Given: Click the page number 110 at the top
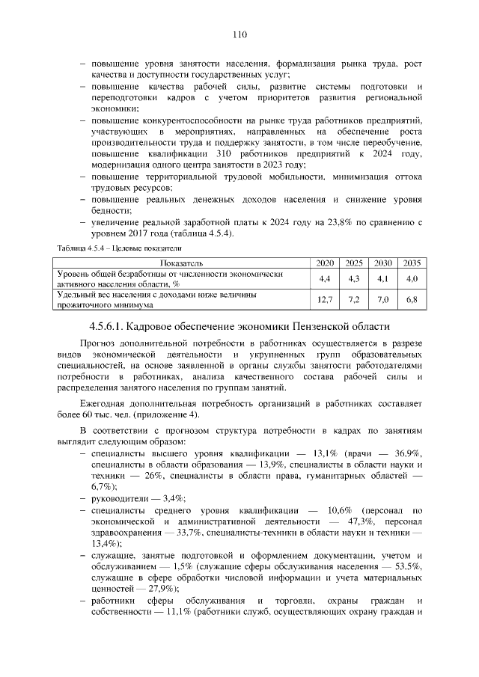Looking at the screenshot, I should [239, 34].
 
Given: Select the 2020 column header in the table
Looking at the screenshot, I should [325, 263].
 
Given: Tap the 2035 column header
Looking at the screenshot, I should [411, 263].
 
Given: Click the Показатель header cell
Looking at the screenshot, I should [183, 263].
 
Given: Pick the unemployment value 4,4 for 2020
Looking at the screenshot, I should [325, 279].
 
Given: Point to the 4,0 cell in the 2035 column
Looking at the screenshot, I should [411, 279].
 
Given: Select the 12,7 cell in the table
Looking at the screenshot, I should [325, 300].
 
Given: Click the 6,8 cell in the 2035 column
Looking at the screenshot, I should [411, 300].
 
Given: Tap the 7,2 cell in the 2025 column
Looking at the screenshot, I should [354, 300].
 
